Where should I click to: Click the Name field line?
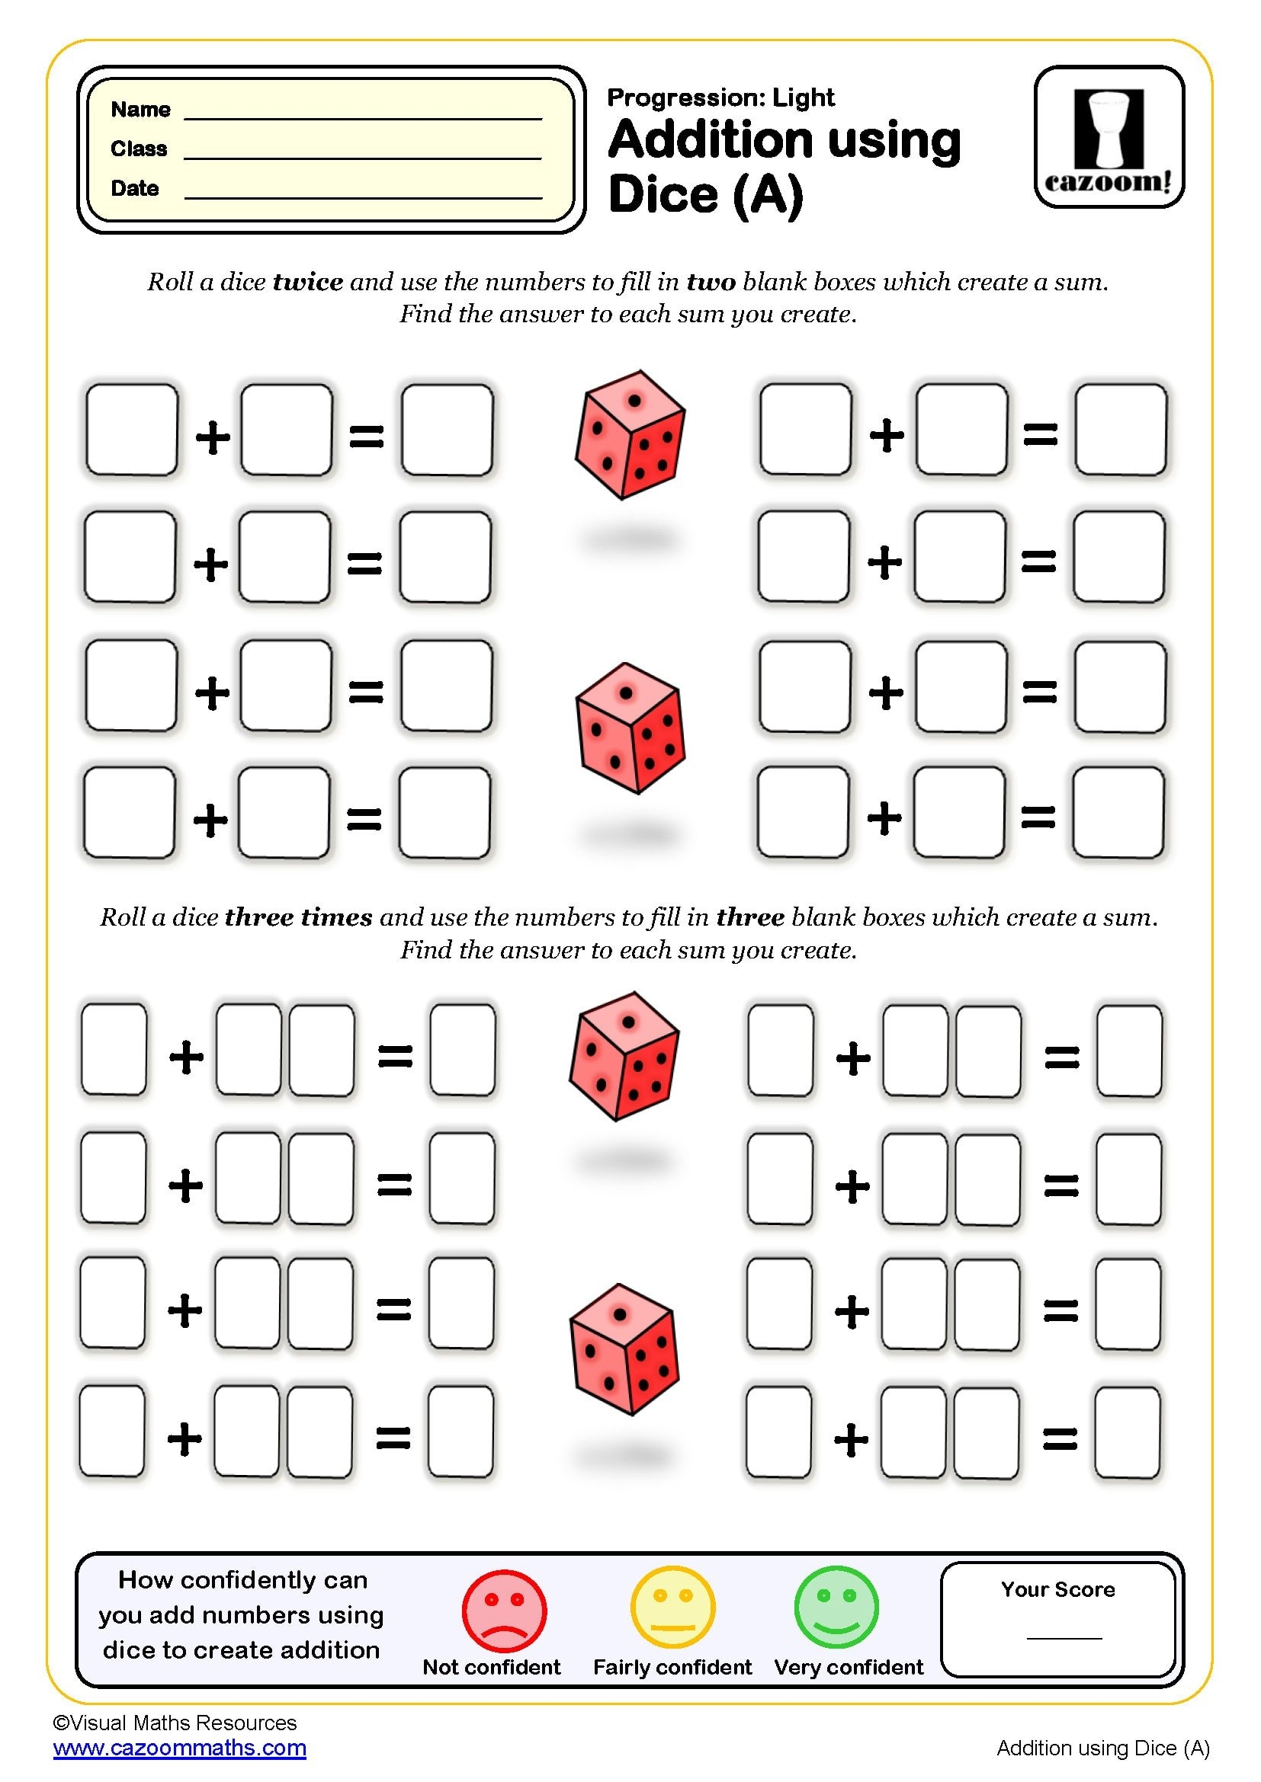pyautogui.click(x=363, y=117)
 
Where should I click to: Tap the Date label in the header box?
pyautogui.click(x=134, y=188)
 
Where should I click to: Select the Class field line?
pyautogui.click(x=363, y=158)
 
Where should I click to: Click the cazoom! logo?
pyautogui.click(x=1109, y=137)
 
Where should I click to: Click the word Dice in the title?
pyautogui.click(x=663, y=194)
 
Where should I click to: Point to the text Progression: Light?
pyautogui.click(x=720, y=98)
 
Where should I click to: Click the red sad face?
pyautogui.click(x=504, y=1611)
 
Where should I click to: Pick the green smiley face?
pyautogui.click(x=836, y=1607)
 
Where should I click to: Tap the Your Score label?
pyautogui.click(x=1057, y=1589)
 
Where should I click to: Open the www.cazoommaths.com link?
pyautogui.click(x=180, y=1748)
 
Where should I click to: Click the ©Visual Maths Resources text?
pyautogui.click(x=175, y=1723)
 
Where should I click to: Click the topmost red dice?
pyautogui.click(x=630, y=434)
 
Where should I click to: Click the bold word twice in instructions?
pyautogui.click(x=307, y=282)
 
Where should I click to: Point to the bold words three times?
pyautogui.click(x=298, y=917)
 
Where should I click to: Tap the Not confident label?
pyautogui.click(x=492, y=1667)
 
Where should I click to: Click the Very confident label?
pyautogui.click(x=849, y=1667)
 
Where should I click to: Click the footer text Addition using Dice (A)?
pyautogui.click(x=1102, y=1748)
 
